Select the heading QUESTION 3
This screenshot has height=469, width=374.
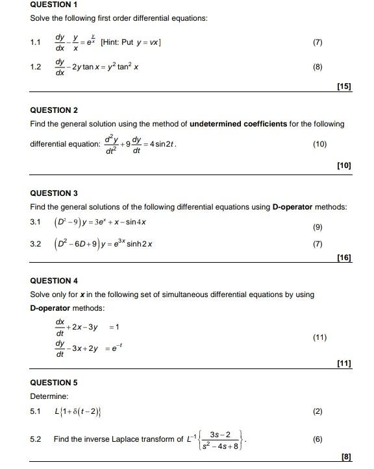point(54,193)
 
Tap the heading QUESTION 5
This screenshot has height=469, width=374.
point(54,383)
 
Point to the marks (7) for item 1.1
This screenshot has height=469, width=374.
point(317,43)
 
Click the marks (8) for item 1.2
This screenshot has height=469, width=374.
point(317,67)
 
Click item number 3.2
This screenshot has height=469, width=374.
point(36,245)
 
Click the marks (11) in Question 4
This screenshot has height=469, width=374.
point(319,338)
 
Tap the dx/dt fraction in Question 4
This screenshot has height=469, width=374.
point(60,326)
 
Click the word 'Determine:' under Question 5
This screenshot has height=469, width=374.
point(49,396)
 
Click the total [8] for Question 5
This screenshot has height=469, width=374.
point(345,457)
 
